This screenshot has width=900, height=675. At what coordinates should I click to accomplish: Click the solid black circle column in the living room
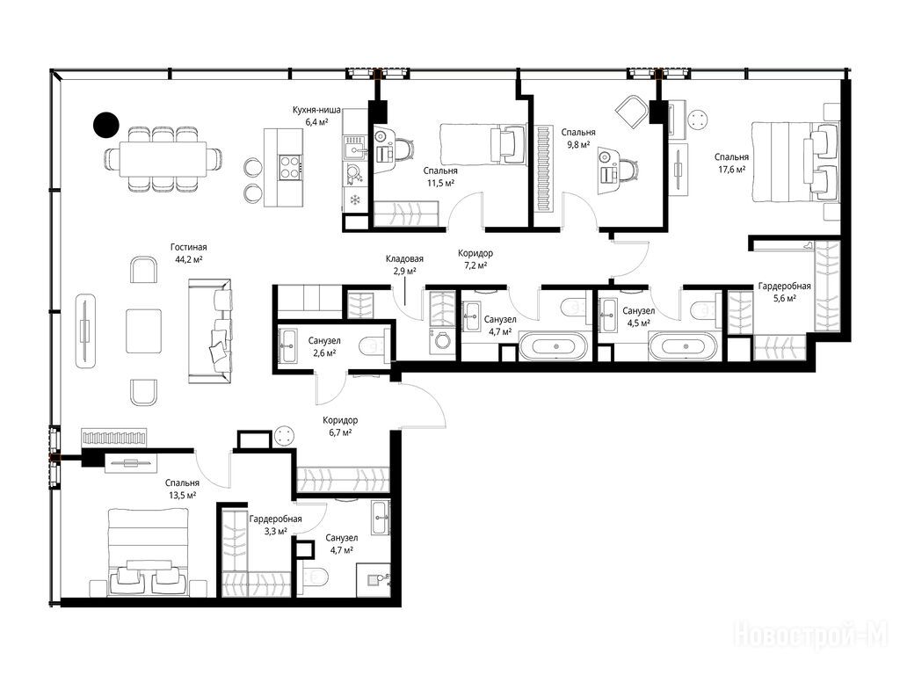coord(106,124)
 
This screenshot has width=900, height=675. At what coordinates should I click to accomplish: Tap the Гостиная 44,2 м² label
coord(188,253)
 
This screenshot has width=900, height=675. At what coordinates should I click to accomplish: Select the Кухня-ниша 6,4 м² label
coord(316,115)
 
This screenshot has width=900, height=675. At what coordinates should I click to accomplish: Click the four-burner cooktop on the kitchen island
coord(290,168)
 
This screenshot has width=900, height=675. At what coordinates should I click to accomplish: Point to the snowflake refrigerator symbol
coord(355,200)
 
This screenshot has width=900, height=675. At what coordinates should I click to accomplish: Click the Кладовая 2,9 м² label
coord(404,265)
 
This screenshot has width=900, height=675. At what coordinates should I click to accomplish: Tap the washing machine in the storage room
coord(442,340)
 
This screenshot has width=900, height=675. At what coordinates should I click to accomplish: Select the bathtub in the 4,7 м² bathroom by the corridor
coord(554,346)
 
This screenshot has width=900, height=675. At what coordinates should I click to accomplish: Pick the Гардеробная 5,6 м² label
coord(784,292)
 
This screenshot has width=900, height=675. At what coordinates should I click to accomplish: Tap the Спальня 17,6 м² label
coord(731,163)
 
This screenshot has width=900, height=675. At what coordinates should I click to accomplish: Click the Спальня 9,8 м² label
coord(578,138)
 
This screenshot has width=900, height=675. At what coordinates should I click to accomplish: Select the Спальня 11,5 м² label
coord(440,177)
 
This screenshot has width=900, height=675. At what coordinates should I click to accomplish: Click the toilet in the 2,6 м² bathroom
coord(374,346)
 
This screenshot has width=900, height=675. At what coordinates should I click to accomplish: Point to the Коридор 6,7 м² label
coord(340,426)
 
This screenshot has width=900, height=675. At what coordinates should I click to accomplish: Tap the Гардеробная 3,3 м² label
coord(275,526)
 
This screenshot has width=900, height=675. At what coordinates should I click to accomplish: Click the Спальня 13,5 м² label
coord(182,489)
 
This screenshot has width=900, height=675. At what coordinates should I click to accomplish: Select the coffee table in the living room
coord(144,331)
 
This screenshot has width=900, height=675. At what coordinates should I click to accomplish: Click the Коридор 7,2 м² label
coord(475,259)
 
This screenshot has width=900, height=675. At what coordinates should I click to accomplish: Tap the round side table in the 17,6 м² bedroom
coord(698,120)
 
